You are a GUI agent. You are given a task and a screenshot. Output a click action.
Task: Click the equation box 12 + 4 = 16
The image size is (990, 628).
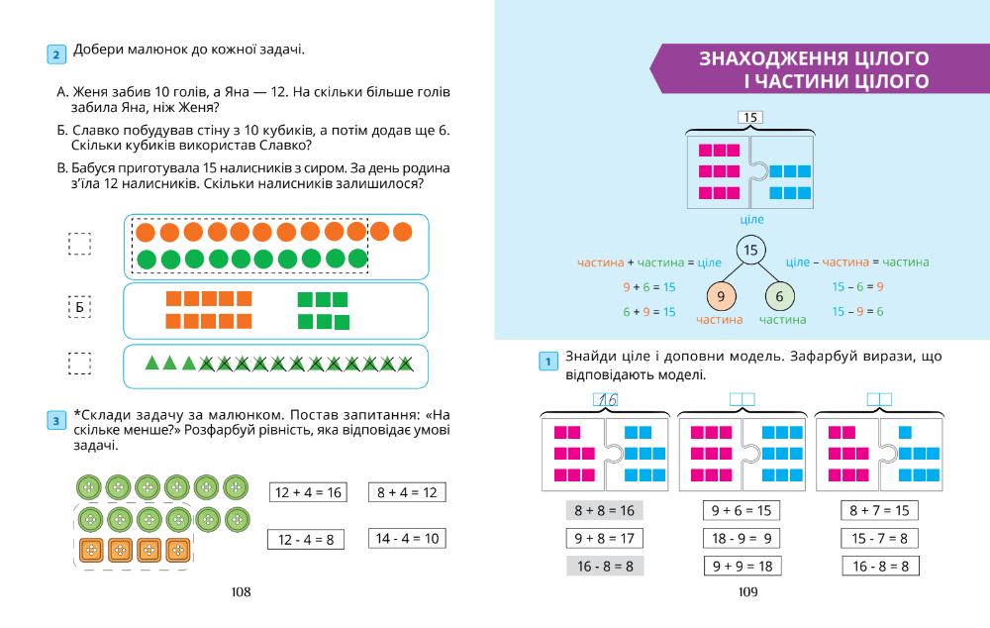coord(308,491)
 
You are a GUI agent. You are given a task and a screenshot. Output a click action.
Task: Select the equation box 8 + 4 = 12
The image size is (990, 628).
coord(406,491)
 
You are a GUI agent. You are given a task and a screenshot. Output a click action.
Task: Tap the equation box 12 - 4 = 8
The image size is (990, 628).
coord(308,539)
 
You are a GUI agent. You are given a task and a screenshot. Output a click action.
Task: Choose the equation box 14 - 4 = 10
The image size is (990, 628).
coord(406,539)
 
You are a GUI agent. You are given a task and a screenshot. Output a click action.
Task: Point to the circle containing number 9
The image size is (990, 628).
coord(721,296)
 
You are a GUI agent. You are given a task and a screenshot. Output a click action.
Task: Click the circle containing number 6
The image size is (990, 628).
coord(780,296)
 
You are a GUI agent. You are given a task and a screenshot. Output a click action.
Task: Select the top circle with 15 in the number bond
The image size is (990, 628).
coord(750,250)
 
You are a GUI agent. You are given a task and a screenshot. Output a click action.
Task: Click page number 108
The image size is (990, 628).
coord(240,591)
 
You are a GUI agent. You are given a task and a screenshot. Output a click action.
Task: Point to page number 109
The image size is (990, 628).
coord(747,591)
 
